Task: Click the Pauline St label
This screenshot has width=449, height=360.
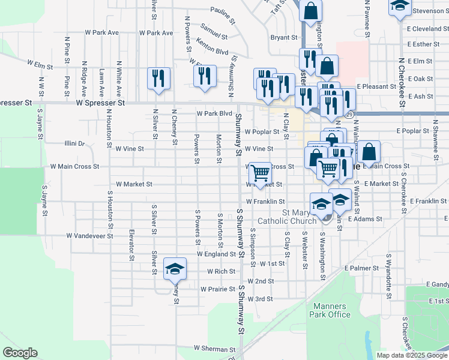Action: (x=221, y=11)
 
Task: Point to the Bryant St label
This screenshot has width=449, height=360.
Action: (x=284, y=37)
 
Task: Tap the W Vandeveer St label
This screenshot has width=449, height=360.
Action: (x=89, y=236)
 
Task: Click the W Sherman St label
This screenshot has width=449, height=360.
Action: (x=214, y=349)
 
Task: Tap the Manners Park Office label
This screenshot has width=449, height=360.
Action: (x=330, y=310)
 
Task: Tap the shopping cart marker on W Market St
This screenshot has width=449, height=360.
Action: (x=260, y=173)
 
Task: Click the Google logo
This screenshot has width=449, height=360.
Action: (x=20, y=353)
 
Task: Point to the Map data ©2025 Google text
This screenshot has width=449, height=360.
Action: (x=412, y=355)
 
